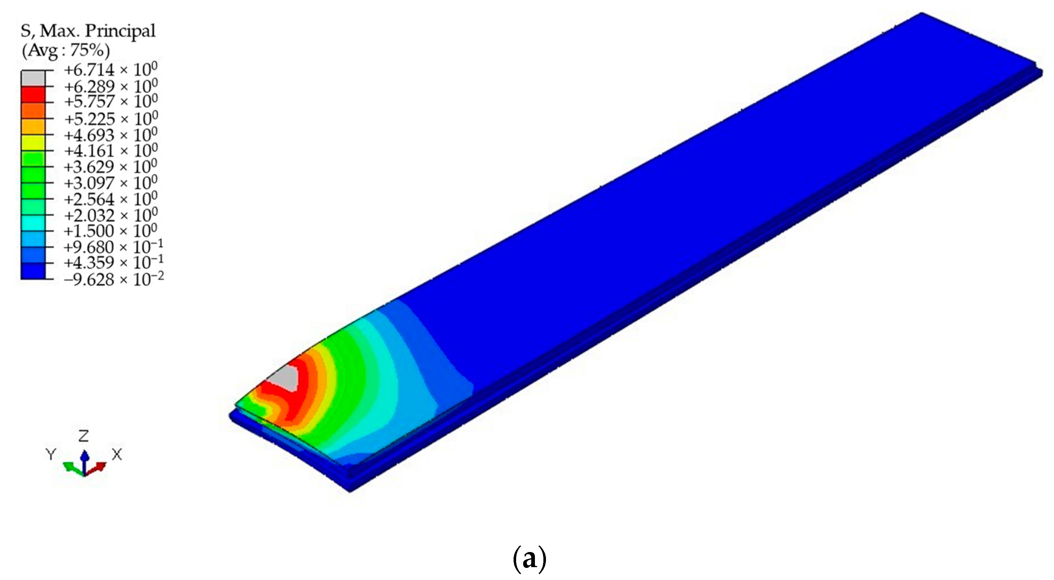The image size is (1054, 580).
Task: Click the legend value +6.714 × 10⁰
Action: [110, 70]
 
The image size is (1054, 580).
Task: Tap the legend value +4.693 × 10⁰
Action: [110, 135]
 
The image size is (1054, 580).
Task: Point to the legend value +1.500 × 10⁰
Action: [110, 231]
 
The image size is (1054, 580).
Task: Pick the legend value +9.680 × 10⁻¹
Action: [114, 247]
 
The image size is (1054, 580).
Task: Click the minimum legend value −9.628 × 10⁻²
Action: [114, 279]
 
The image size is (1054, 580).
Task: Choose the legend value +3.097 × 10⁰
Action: [110, 183]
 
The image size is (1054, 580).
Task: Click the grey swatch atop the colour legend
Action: [33, 78]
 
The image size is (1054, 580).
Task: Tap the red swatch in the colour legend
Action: [33, 94]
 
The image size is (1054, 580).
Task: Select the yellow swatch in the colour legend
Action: [33, 142]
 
